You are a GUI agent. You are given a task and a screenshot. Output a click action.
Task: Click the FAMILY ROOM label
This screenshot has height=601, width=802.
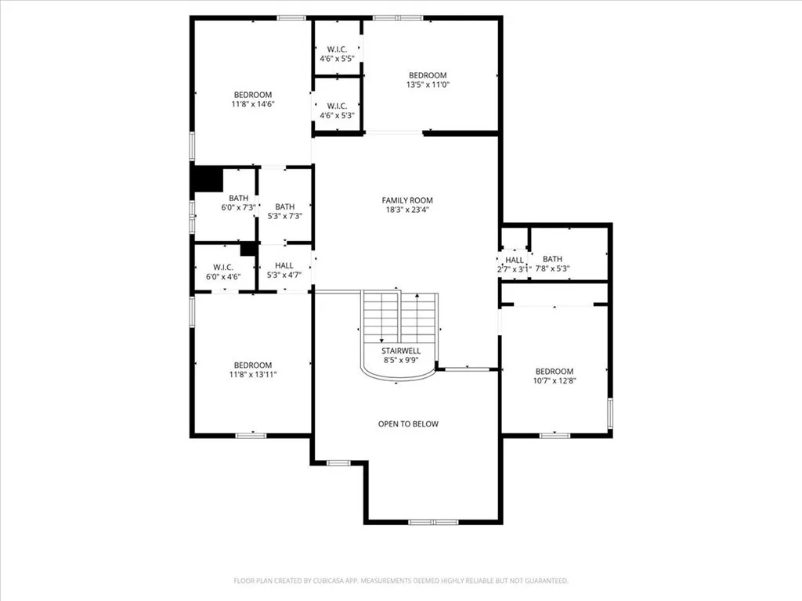[407, 200]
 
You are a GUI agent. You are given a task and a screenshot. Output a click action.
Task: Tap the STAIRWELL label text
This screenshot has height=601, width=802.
[401, 351]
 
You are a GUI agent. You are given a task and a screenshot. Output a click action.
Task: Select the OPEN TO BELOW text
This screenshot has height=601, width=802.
[408, 423]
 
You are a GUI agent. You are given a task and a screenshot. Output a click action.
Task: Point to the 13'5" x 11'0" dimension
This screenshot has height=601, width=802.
[428, 85]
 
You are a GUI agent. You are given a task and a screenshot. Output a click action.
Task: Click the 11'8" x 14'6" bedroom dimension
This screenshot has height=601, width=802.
[253, 104]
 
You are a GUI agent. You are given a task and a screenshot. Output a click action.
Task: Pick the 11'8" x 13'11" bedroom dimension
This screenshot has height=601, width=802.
[253, 375]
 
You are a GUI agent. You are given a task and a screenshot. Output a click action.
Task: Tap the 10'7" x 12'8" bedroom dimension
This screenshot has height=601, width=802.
[555, 381]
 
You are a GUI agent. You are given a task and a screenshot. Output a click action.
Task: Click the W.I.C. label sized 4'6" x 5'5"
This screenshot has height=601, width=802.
[337, 49]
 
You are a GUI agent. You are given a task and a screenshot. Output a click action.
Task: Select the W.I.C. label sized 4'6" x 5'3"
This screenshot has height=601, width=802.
[337, 106]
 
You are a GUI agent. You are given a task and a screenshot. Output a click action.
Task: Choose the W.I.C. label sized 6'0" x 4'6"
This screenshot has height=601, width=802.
[223, 268]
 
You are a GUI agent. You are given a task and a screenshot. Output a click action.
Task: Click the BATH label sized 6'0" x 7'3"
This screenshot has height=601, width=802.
[238, 198]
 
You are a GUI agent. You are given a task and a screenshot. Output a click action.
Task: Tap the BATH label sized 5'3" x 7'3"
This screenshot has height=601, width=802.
[285, 207]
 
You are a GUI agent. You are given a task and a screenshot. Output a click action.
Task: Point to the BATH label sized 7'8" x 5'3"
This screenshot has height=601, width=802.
[552, 259]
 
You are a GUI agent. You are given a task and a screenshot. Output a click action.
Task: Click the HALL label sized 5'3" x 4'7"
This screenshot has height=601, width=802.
[284, 266]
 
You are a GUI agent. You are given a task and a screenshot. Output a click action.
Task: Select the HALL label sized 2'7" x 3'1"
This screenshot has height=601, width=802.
[515, 260]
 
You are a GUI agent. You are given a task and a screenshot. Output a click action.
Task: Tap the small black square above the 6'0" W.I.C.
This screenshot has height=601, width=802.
[248, 249]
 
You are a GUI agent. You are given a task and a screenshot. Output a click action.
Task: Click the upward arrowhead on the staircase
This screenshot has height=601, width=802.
[417, 295]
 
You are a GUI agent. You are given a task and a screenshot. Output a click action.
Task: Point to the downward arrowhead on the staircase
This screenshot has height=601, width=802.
[381, 340]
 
